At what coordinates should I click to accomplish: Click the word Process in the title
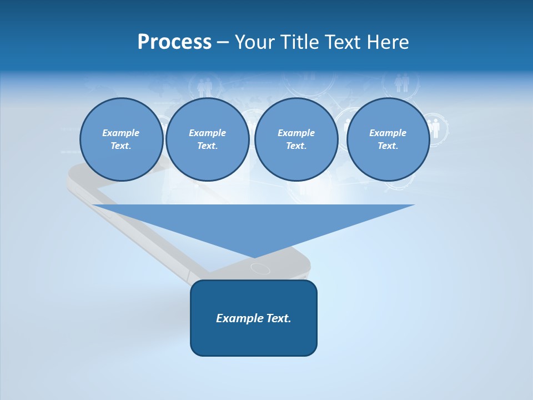(x=174, y=42)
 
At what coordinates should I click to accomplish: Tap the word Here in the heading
(x=387, y=42)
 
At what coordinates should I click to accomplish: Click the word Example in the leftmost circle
(x=121, y=133)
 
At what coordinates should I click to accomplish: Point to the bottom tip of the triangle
(x=254, y=257)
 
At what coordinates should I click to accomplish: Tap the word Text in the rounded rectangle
(x=279, y=318)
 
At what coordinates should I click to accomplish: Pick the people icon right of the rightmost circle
(x=435, y=128)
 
